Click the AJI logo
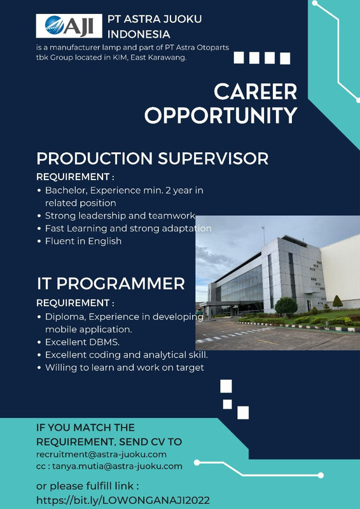point(69,26)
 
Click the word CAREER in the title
point(256,92)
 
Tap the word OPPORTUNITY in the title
point(221,115)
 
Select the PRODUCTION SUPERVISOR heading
point(152,158)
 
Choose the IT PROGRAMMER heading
point(111,284)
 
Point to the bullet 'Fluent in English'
point(83,241)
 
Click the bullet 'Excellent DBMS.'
point(80,342)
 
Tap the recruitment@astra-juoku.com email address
point(101,454)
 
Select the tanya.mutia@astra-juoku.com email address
point(117,466)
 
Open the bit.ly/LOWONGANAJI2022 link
point(123,500)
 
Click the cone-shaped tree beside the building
point(337,302)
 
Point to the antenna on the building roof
point(263,235)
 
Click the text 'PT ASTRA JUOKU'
point(155,19)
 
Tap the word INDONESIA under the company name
point(139,34)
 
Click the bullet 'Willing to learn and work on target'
point(124,368)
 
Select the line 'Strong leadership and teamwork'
point(120,216)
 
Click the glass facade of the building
point(241,283)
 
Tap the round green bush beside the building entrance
point(286,306)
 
